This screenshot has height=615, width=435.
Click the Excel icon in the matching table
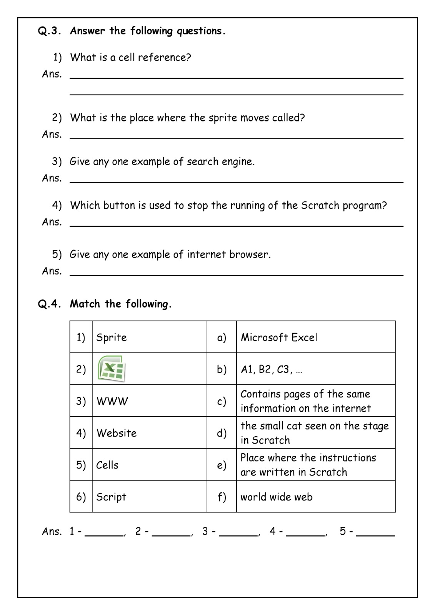(x=111, y=369)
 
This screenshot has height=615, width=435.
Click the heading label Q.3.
(x=49, y=31)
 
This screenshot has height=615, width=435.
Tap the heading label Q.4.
(x=49, y=304)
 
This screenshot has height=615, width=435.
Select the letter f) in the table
(x=222, y=497)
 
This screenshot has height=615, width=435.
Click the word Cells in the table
(x=107, y=465)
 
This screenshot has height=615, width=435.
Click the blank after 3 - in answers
(x=238, y=532)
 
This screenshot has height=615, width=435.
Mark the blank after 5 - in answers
(x=375, y=532)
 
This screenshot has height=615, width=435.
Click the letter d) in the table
(x=222, y=433)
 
